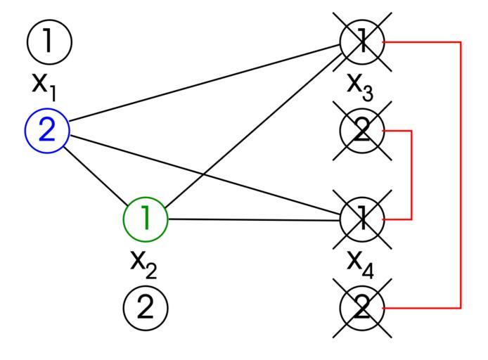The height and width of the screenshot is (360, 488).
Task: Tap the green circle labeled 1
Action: (146, 219)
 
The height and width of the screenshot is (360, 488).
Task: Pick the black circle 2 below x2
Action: (146, 307)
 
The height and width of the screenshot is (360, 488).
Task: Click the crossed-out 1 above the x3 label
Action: (362, 42)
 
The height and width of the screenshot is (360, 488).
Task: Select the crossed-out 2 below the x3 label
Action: (362, 131)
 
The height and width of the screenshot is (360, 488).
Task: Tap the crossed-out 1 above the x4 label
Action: (362, 219)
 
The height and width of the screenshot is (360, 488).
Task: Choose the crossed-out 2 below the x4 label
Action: (362, 308)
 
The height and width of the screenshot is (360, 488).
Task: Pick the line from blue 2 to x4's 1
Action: (204, 176)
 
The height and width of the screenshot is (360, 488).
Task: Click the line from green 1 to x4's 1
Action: (253, 219)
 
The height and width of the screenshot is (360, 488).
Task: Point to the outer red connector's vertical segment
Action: (461, 176)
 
